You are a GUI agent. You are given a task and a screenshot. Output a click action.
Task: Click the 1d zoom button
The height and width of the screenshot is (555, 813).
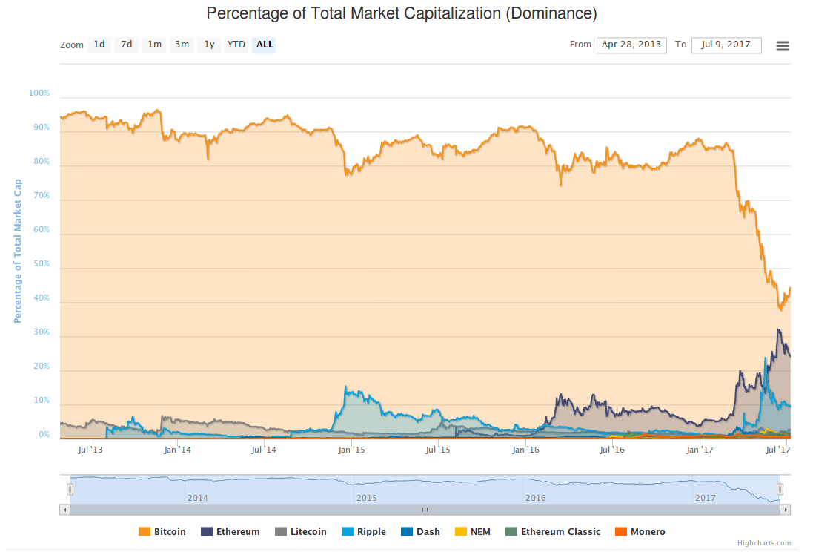click(x=99, y=45)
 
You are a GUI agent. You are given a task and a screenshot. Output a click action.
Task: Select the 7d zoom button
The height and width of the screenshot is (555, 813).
click(x=127, y=45)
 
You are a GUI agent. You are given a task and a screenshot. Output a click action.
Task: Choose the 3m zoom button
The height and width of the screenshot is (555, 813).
click(x=182, y=45)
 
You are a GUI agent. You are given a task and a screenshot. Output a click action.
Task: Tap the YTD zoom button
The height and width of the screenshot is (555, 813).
click(x=236, y=45)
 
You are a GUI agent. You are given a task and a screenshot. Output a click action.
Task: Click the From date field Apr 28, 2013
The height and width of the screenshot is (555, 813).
click(x=631, y=45)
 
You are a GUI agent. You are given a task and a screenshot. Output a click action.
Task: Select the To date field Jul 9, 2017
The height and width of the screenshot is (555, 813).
click(x=726, y=45)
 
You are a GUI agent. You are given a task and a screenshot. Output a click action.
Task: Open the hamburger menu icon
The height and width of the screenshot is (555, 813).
click(x=782, y=46)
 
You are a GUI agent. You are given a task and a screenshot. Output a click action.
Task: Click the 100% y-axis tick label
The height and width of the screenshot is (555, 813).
click(x=39, y=93)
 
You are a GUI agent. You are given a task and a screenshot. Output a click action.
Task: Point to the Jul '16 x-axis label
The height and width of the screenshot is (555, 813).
click(x=611, y=450)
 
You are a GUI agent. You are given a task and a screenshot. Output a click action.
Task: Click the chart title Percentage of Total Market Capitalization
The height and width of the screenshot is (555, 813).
click(x=401, y=14)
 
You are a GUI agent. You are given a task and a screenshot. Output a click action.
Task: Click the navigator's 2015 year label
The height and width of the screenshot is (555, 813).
click(x=366, y=498)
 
